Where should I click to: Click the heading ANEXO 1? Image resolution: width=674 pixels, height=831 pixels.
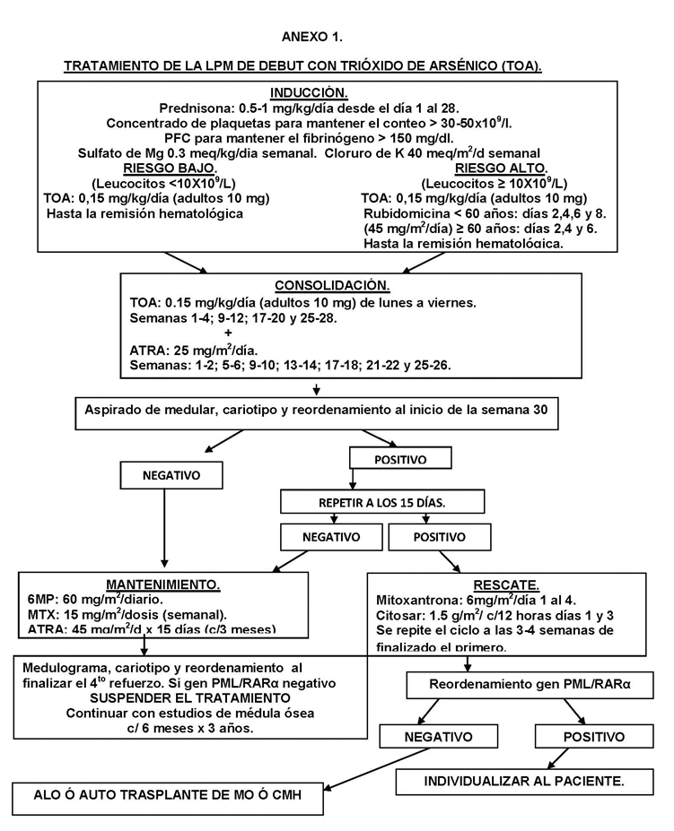coord(311,37)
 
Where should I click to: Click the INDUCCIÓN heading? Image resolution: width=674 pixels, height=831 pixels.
coord(309,92)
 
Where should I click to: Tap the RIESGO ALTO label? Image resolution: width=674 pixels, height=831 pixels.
coord(489,168)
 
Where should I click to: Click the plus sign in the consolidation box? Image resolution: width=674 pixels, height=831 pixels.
coord(227,332)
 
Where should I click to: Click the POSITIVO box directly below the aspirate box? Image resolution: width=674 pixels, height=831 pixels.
coord(399,459)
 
